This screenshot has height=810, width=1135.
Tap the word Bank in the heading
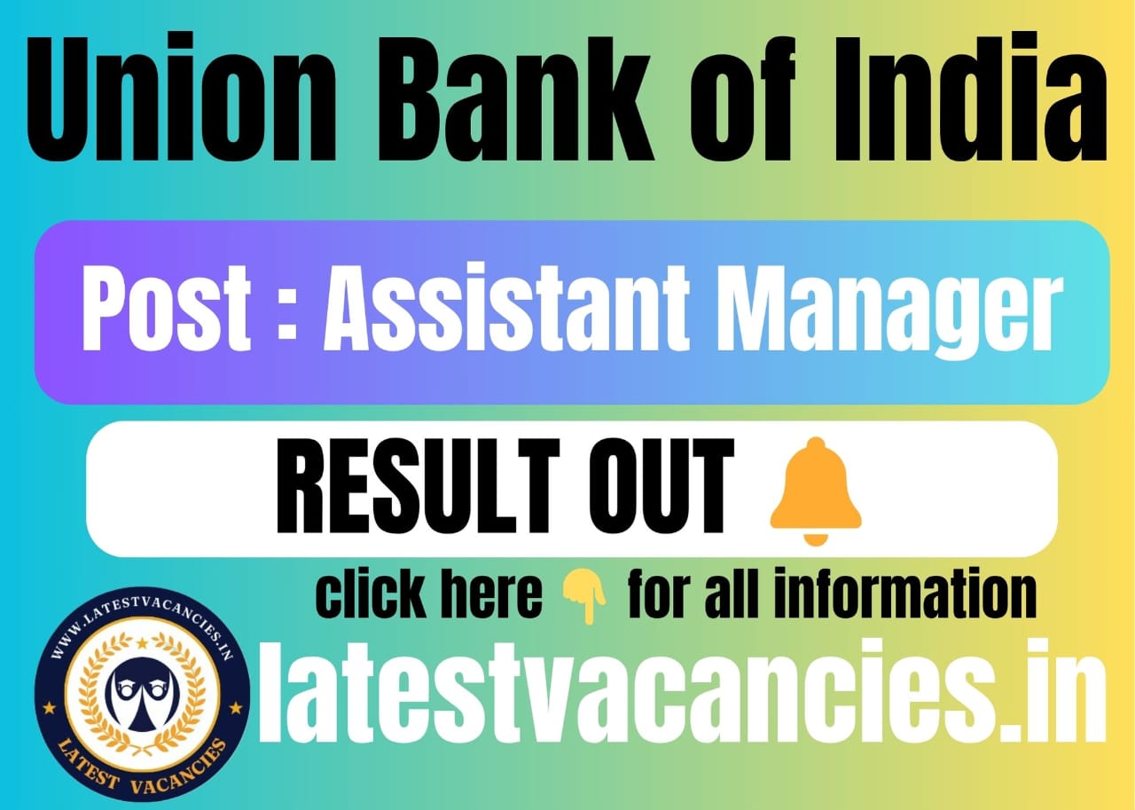515,98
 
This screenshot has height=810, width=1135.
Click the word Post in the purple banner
166,308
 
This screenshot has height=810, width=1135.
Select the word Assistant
506,308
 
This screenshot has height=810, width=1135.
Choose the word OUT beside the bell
661,486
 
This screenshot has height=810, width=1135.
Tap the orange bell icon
815,489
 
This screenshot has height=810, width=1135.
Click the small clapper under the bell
816,539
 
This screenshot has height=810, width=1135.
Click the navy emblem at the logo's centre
143,696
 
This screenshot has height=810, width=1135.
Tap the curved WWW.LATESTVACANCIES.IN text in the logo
143,619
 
